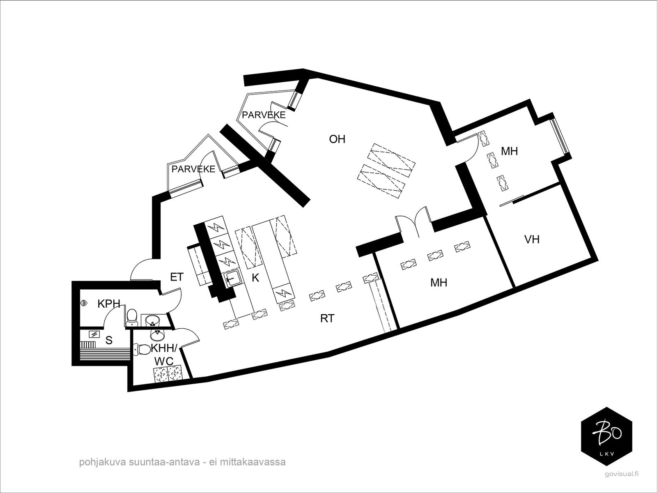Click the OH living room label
tap(337, 139)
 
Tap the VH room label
tap(532, 239)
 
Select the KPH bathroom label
tap(109, 304)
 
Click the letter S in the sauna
tap(109, 340)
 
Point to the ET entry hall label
tap(177, 277)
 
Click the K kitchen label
tap(255, 278)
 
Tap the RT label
tap(327, 318)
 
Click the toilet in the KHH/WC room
tap(142, 350)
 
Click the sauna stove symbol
tap(94, 334)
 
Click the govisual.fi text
tap(622, 473)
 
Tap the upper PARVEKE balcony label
tap(263, 115)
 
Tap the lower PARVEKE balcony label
tap(193, 169)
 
